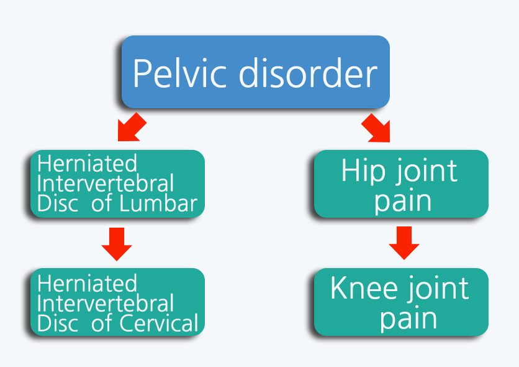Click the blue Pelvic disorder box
click(256, 72)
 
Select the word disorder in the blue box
click(308, 72)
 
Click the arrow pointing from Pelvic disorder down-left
click(132, 128)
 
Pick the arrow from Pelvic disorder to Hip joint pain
click(376, 128)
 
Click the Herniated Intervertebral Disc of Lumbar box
click(117, 184)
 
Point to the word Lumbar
click(158, 203)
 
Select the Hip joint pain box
click(401, 184)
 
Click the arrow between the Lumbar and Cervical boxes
click(117, 244)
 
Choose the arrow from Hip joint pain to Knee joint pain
click(404, 243)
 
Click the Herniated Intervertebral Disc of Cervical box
click(117, 302)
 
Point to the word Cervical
click(159, 323)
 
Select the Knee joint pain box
click(401, 302)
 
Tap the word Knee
click(364, 288)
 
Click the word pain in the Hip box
click(403, 202)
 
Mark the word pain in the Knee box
click(408, 320)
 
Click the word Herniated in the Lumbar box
click(87, 163)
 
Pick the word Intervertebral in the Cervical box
click(106, 303)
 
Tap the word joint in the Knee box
click(438, 289)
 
